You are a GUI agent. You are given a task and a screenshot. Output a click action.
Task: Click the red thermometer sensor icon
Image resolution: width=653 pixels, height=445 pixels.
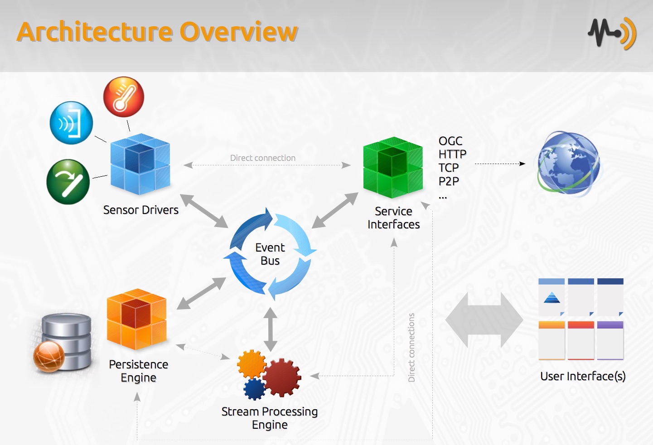123,97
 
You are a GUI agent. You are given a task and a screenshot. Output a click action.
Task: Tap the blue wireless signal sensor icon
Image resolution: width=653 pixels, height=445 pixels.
71,123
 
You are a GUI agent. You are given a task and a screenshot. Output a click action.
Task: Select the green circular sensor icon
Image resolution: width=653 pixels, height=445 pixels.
68,182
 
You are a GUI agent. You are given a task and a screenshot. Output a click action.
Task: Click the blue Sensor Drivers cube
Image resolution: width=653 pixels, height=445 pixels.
140,164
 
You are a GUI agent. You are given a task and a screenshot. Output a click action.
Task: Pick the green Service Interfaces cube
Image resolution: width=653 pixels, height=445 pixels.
393,167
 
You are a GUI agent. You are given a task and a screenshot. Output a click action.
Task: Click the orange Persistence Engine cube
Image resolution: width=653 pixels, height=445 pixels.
136,319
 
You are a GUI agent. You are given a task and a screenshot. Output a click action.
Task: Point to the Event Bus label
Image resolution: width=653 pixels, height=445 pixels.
270,254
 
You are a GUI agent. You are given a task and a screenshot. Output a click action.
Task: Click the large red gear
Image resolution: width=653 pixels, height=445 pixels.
282,377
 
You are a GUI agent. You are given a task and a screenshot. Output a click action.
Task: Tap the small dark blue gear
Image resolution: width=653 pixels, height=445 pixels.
254,389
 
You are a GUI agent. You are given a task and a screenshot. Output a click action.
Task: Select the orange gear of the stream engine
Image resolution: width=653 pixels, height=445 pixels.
252,364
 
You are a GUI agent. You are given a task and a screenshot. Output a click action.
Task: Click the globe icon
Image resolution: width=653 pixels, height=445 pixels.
569,164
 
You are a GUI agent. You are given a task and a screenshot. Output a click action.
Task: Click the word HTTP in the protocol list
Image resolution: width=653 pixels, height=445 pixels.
452,154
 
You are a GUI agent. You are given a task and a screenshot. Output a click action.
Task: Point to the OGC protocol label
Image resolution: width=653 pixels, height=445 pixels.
450,141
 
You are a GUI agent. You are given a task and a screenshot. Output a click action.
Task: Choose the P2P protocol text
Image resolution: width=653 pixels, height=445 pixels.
449,181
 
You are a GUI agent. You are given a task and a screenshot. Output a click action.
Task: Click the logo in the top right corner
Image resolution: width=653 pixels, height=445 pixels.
612,34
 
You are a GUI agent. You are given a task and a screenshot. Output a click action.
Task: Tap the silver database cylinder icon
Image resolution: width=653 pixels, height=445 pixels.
66,342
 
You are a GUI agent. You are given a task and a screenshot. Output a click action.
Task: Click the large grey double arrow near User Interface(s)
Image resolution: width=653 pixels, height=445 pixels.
484,320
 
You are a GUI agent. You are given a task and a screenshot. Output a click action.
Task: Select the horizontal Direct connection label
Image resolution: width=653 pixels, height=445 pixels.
263,158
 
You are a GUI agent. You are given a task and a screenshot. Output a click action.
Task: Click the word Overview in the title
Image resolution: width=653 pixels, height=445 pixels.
239,32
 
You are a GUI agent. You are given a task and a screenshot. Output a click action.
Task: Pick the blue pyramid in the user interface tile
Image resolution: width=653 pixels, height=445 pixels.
551,298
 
